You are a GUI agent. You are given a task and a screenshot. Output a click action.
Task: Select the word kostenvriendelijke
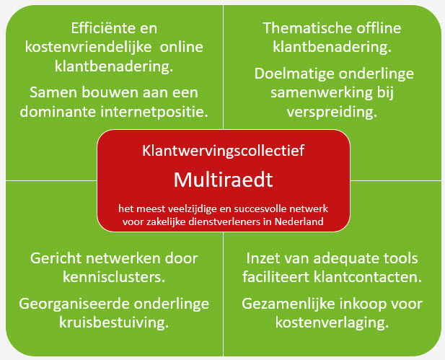click(88, 47)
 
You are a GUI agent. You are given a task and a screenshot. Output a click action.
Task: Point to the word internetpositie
click(154, 112)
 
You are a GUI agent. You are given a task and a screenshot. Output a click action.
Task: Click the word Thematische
click(308, 28)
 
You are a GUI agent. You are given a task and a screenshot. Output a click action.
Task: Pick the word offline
click(379, 28)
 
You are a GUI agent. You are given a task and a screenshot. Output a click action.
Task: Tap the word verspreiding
click(332, 112)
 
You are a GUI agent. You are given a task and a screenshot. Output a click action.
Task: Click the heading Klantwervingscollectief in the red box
click(224, 151)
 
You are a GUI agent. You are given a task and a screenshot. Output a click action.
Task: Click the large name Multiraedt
click(224, 180)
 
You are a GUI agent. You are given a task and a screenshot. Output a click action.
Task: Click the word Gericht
click(56, 258)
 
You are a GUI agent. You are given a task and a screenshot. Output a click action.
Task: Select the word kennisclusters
click(114, 277)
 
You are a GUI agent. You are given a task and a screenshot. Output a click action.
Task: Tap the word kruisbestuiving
click(114, 322)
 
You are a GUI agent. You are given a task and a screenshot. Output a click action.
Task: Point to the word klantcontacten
click(368, 277)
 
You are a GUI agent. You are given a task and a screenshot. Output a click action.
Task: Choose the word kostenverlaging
click(332, 322)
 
